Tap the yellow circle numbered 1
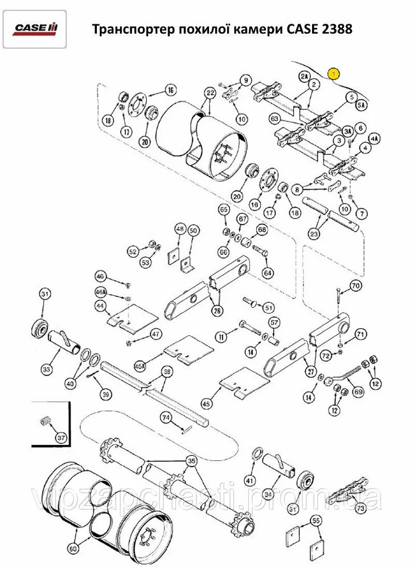334,73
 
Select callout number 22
210,93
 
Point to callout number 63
275,119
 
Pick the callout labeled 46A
101,292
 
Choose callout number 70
356,285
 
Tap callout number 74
166,417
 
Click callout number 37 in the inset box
61,438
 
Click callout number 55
316,520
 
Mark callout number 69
358,391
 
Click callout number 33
46,370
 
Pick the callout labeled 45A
140,365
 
